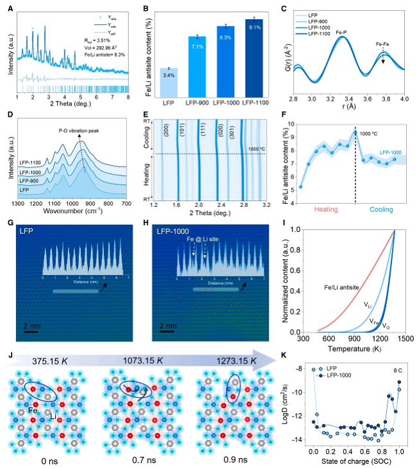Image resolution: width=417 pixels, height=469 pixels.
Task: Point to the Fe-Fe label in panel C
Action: coord(383,44)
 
